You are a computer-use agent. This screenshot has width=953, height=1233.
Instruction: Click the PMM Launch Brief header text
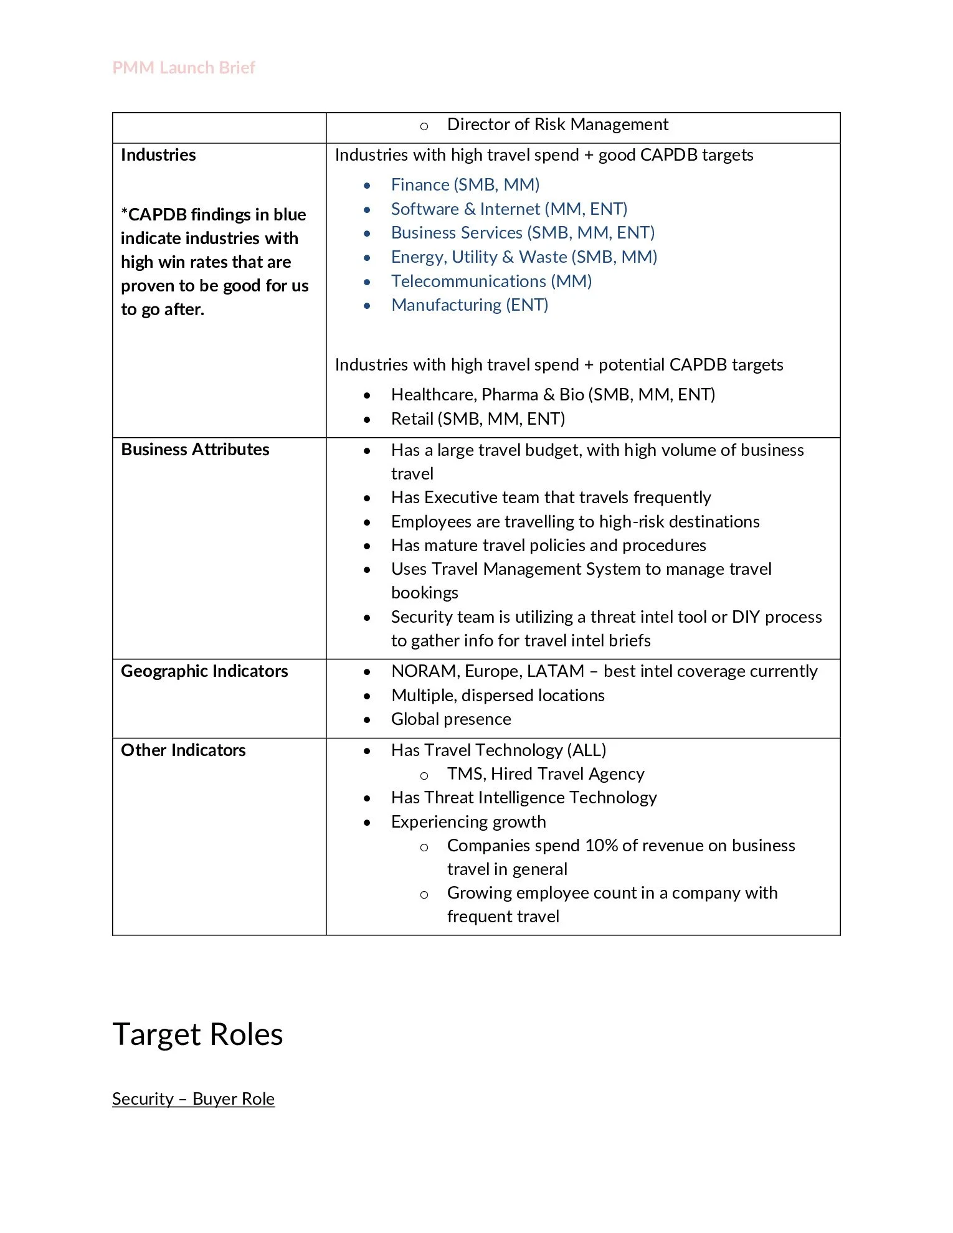pyautogui.click(x=184, y=67)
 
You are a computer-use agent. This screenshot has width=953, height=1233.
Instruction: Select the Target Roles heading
pyautogui.click(x=197, y=1034)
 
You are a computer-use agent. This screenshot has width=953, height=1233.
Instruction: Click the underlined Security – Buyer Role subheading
pyautogui.click(x=193, y=1098)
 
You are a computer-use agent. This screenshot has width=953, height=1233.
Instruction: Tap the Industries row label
pyautogui.click(x=158, y=154)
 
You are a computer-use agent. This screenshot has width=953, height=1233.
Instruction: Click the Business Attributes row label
pyautogui.click(x=195, y=449)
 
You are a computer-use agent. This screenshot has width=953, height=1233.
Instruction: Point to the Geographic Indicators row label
pyautogui.click(x=204, y=671)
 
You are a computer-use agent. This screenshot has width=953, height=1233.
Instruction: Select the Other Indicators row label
pyautogui.click(x=183, y=750)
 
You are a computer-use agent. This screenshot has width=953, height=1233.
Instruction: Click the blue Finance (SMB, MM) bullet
pyautogui.click(x=465, y=184)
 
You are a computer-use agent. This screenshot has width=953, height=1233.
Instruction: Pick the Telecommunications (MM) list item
pyautogui.click(x=491, y=281)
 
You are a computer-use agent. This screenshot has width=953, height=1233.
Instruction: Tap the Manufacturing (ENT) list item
pyautogui.click(x=469, y=305)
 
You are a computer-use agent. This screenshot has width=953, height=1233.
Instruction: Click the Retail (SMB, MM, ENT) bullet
pyautogui.click(x=478, y=418)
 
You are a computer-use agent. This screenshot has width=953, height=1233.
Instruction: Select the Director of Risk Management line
pyautogui.click(x=557, y=125)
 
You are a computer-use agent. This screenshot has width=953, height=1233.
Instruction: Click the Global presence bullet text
pyautogui.click(x=450, y=719)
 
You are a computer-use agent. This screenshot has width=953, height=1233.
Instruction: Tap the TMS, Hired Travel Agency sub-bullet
pyautogui.click(x=545, y=773)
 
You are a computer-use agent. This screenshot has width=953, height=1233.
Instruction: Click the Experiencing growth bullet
pyautogui.click(x=468, y=821)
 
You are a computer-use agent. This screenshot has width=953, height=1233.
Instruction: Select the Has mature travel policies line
pyautogui.click(x=548, y=545)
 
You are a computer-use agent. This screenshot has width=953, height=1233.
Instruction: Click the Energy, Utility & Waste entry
pyautogui.click(x=524, y=257)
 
